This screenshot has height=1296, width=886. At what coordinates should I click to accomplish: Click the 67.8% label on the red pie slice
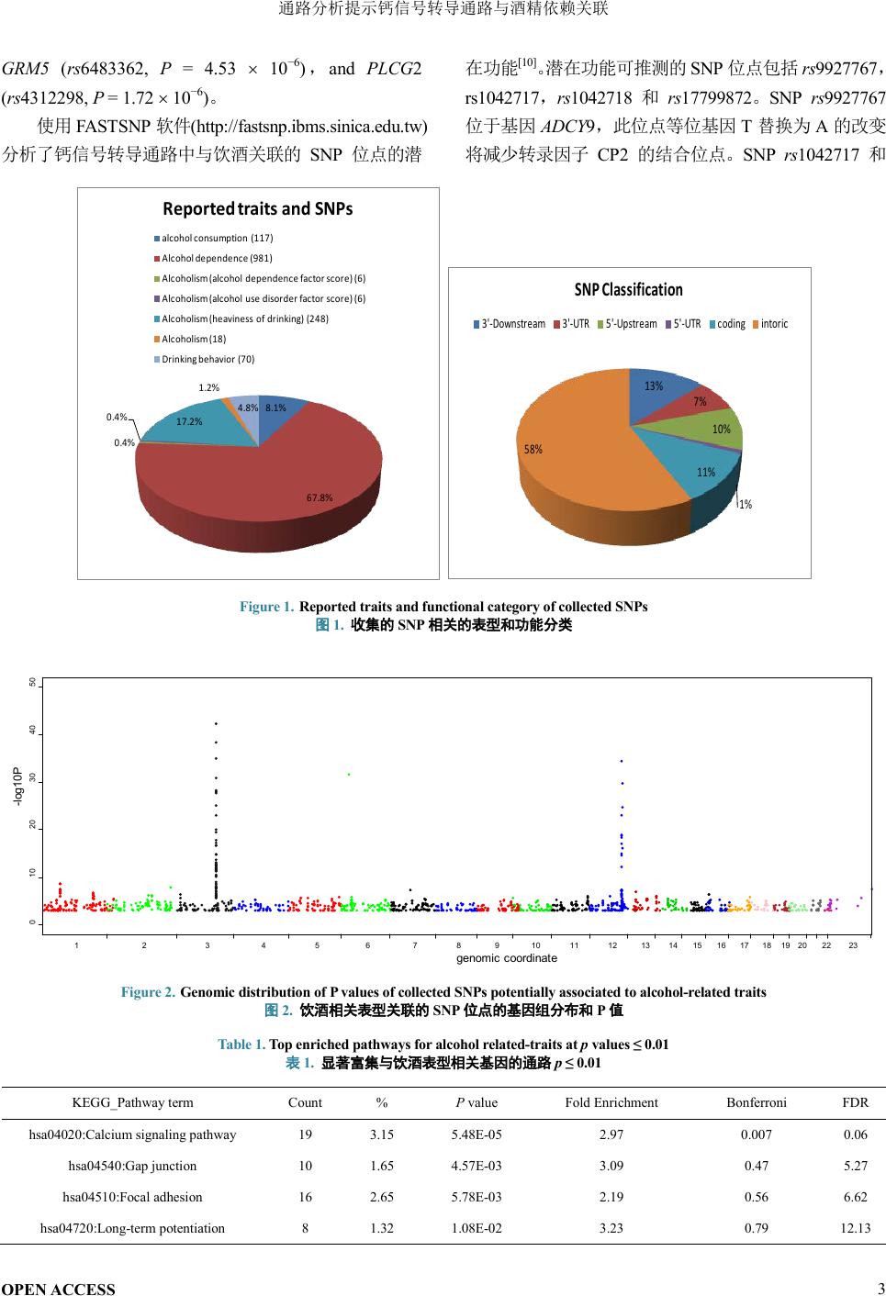point(320,497)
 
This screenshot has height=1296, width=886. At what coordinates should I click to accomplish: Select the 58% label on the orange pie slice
point(533,450)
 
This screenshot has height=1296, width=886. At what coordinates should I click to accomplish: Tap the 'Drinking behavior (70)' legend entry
point(207,359)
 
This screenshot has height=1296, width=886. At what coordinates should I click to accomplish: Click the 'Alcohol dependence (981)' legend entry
point(217,258)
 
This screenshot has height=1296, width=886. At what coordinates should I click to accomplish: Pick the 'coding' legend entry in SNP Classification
point(731,324)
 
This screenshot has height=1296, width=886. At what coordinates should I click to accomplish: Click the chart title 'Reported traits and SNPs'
point(258,209)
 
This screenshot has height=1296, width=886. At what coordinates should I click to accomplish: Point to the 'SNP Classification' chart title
point(629,290)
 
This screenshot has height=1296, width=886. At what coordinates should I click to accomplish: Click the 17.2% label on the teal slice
point(189,421)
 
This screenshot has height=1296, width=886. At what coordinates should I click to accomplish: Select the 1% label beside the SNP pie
point(746,505)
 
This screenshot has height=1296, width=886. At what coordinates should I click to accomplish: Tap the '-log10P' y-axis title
point(17,788)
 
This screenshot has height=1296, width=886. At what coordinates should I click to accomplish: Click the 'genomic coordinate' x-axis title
point(507,958)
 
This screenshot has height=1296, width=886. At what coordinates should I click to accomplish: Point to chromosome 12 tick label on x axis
point(612,945)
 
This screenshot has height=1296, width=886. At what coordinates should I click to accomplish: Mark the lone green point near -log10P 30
point(349,775)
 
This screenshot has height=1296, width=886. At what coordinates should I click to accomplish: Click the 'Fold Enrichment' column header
point(611,1102)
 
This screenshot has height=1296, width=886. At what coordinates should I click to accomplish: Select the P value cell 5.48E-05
point(477,1134)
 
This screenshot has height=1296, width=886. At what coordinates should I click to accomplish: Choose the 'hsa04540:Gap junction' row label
point(132,1166)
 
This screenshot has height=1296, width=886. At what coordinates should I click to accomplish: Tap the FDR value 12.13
point(855,1228)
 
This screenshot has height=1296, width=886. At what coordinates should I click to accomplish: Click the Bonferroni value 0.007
point(757,1134)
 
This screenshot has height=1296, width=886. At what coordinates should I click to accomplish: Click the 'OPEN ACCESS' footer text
point(59,1289)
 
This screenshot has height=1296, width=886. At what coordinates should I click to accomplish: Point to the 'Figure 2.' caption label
point(148,992)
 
